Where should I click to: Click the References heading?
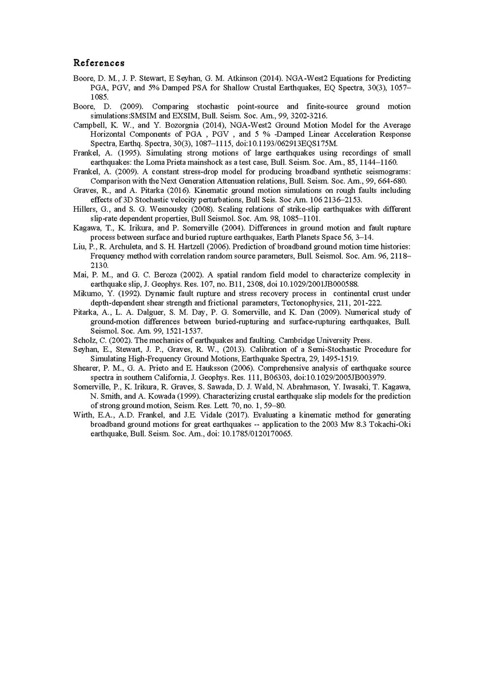point(99,62)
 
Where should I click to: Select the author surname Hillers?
point(85,209)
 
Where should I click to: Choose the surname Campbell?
point(89,125)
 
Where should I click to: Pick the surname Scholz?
point(84,339)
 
